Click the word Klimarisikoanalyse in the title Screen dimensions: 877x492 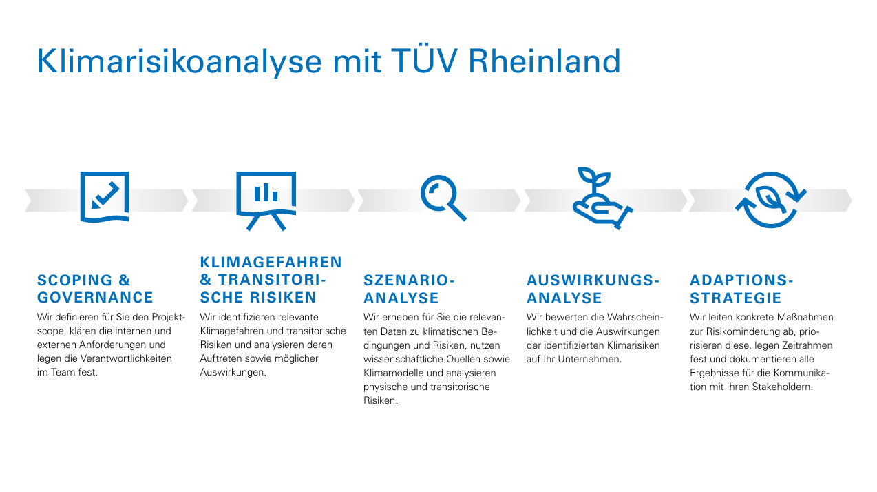(x=179, y=62)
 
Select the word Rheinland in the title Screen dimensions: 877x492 (x=545, y=61)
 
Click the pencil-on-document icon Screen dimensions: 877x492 (x=105, y=197)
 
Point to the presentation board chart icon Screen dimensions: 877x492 (x=266, y=201)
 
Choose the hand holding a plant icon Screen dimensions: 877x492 (x=602, y=198)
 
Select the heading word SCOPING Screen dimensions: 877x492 (x=75, y=280)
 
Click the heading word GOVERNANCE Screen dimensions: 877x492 (x=95, y=298)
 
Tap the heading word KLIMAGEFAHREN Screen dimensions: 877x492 (x=271, y=263)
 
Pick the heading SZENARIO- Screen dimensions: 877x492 (x=409, y=280)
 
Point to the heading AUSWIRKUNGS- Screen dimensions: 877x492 (x=593, y=280)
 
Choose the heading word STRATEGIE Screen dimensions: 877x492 (x=736, y=298)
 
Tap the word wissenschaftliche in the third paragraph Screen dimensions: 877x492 (x=403, y=359)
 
